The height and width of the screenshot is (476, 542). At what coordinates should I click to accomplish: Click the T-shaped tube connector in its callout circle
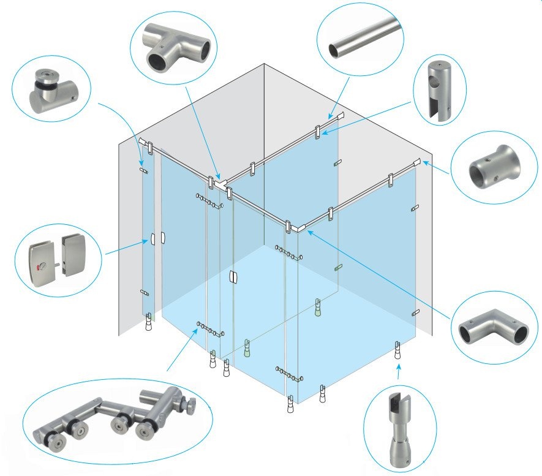pos(174,47)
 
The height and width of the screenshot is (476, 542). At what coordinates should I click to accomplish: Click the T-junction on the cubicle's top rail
pos(220,182)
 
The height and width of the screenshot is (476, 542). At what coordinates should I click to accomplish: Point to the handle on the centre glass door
pos(231,277)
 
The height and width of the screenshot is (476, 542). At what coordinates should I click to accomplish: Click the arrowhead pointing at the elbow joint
pos(309,232)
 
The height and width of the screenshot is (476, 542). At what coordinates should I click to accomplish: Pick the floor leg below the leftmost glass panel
pos(148,322)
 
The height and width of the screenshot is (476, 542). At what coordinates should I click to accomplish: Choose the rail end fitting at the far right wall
pos(416,162)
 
